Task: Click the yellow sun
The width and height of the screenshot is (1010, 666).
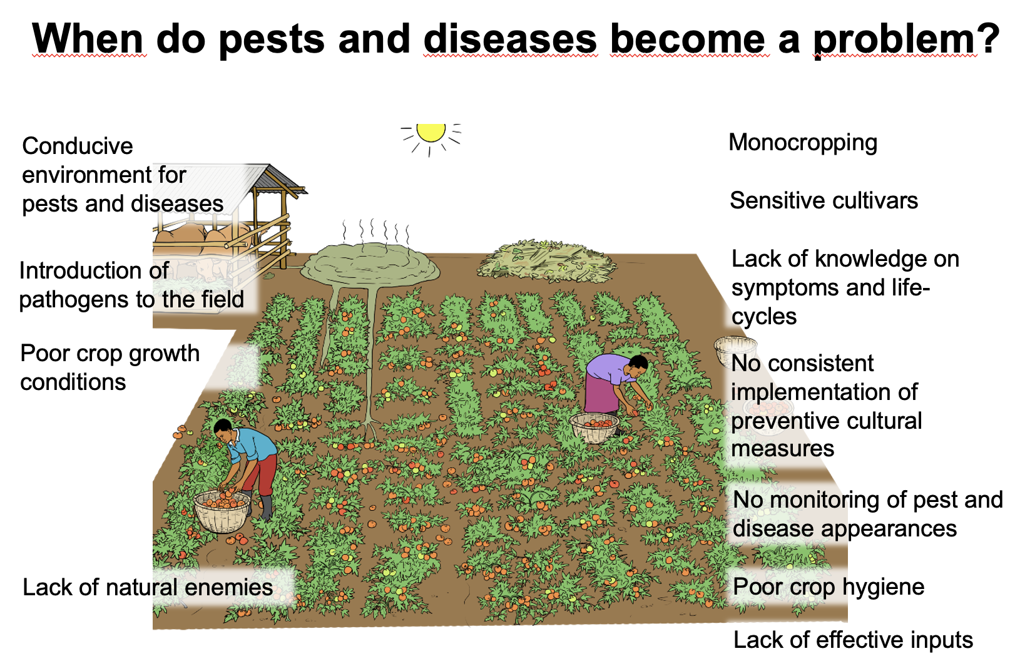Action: [x=431, y=131]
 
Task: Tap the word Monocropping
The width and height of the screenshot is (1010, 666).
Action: [x=803, y=143]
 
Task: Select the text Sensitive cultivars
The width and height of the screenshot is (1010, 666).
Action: [x=824, y=201]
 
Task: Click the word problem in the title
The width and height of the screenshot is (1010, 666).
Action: [x=894, y=39]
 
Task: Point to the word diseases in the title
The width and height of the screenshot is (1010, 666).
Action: [x=510, y=39]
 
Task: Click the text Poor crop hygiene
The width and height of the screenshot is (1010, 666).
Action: [x=828, y=587]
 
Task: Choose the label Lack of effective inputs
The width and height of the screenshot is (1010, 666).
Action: [x=852, y=640]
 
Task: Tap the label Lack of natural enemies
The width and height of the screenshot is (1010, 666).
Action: [x=148, y=588]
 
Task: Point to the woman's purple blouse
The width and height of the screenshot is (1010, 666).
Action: [x=607, y=369]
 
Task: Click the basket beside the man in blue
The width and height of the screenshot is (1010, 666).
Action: [x=222, y=511]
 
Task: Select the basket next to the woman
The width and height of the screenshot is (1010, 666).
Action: [x=594, y=428]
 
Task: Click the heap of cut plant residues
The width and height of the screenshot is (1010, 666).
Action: [x=546, y=262]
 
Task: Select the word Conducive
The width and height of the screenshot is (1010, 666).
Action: [x=78, y=146]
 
